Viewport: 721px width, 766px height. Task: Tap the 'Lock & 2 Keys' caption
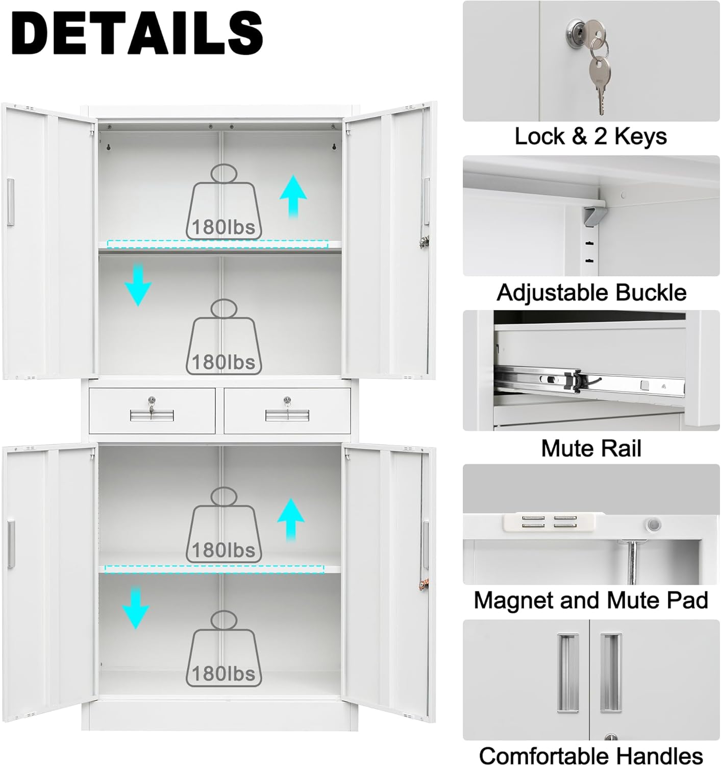[x=590, y=136]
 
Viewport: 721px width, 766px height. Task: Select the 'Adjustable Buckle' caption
[x=591, y=293]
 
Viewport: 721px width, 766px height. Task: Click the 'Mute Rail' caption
[x=591, y=448]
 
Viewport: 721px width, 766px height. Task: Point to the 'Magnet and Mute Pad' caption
[x=591, y=600]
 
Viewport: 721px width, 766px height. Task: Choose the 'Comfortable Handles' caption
[x=591, y=755]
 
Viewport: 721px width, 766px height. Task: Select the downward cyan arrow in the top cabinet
[x=138, y=284]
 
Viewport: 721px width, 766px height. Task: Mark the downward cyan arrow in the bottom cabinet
[x=135, y=608]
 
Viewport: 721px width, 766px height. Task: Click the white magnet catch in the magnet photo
[x=549, y=522]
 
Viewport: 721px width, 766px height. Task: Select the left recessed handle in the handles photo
[x=567, y=673]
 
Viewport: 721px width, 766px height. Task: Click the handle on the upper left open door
[x=10, y=202]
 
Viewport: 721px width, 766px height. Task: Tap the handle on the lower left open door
[x=11, y=544]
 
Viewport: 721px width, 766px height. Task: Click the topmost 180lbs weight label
[x=223, y=226]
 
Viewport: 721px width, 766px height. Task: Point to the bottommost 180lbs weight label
[x=223, y=674]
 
